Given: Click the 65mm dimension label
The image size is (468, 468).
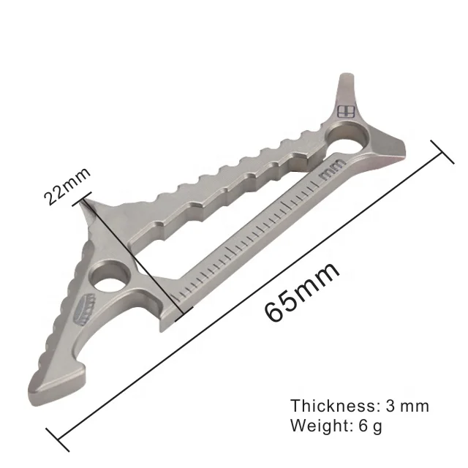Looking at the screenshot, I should tap(302, 291).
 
